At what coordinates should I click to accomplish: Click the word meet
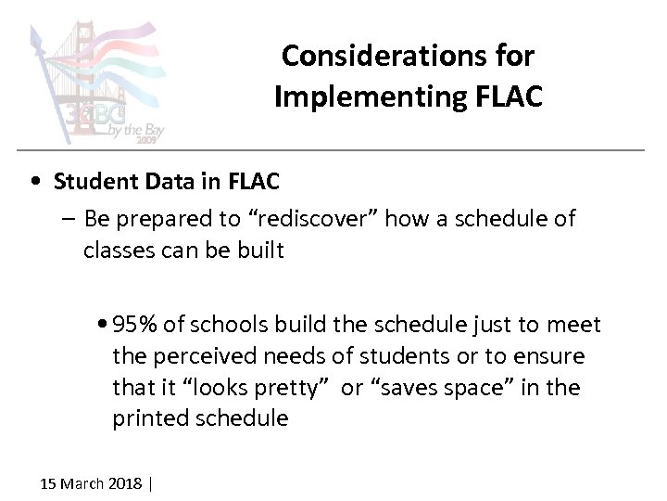coord(577,325)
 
